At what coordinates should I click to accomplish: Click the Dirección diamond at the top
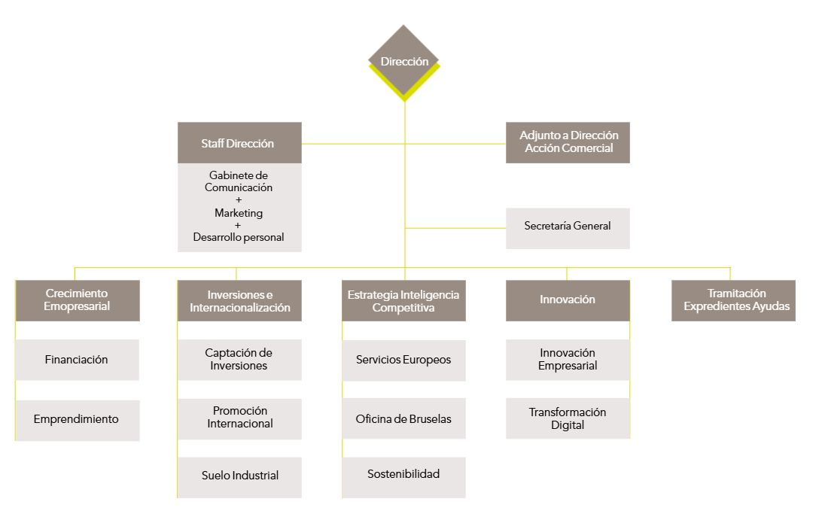(404, 61)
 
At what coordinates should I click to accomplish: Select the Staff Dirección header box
(239, 143)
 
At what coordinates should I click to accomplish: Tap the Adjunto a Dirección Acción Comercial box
(568, 142)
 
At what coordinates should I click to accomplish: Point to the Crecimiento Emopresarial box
(78, 300)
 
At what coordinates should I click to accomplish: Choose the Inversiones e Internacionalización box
(239, 301)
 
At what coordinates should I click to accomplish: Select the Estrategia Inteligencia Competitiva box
(403, 301)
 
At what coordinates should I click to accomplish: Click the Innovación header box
(568, 300)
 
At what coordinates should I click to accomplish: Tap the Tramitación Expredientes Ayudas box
(733, 300)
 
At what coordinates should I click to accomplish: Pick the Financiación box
(78, 360)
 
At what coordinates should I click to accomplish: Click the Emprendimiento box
(78, 420)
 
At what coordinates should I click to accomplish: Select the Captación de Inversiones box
(239, 360)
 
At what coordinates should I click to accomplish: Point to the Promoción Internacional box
(239, 418)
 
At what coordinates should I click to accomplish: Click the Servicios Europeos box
(403, 360)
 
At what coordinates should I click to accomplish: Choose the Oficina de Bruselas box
(403, 418)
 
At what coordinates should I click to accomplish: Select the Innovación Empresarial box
(568, 360)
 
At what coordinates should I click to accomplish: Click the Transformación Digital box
(568, 418)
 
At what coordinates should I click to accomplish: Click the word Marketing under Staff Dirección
(239, 213)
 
